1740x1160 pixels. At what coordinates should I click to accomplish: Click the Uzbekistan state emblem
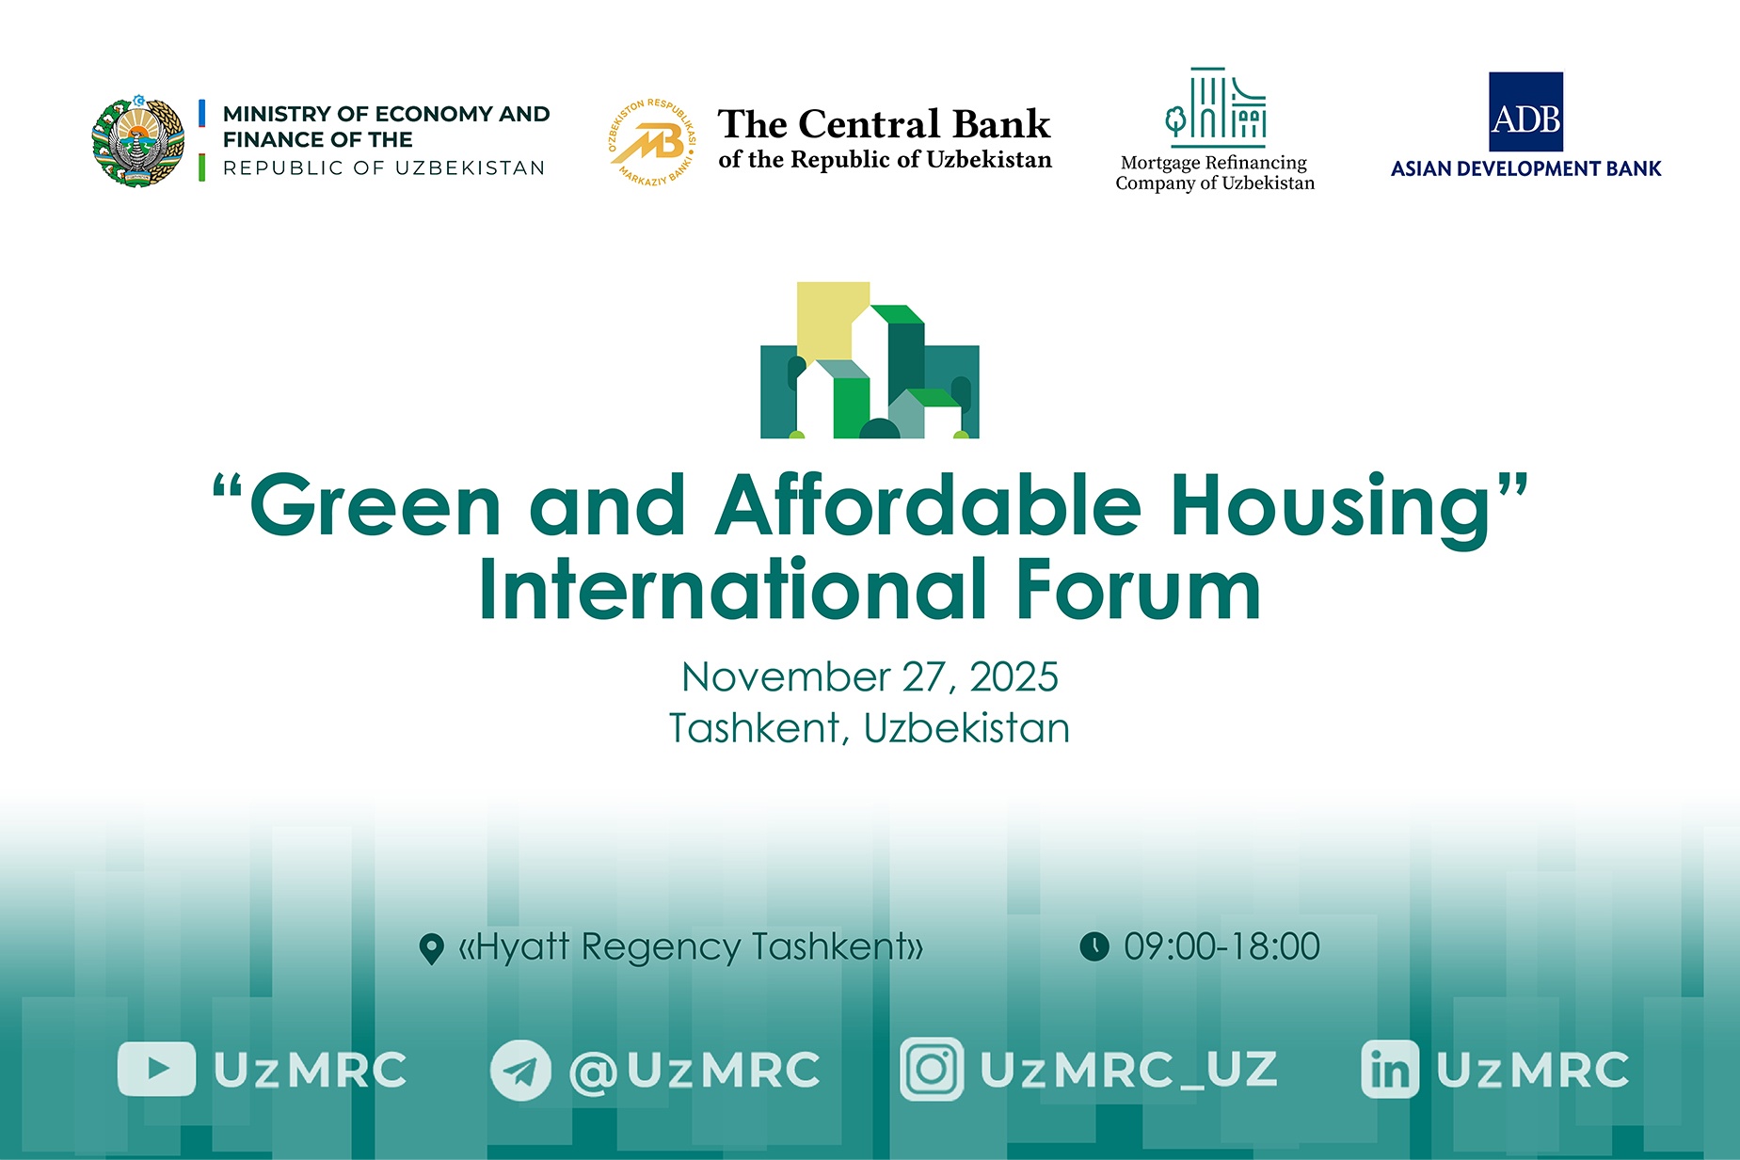pyautogui.click(x=138, y=141)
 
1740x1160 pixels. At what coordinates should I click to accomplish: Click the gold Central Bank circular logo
pyautogui.click(x=651, y=141)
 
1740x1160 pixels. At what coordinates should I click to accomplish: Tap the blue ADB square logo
pyautogui.click(x=1525, y=112)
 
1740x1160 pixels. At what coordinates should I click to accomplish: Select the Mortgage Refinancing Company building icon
pyautogui.click(x=1215, y=107)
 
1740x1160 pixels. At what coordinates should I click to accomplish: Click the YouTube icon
pyautogui.click(x=156, y=1069)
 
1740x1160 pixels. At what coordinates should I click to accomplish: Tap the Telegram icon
pyautogui.click(x=520, y=1070)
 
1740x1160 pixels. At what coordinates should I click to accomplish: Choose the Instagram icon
pyautogui.click(x=932, y=1069)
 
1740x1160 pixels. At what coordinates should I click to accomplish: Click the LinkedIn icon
pyautogui.click(x=1390, y=1070)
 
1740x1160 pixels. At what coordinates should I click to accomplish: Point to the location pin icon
pyautogui.click(x=431, y=948)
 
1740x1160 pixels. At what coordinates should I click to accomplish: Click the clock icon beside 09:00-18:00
pyautogui.click(x=1093, y=946)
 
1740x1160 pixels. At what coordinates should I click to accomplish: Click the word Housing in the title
pyautogui.click(x=1332, y=508)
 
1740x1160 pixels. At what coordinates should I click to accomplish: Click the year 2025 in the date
pyautogui.click(x=1014, y=677)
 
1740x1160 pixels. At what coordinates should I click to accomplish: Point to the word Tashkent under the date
pyautogui.click(x=754, y=728)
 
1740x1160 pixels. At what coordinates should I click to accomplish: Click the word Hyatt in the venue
pyautogui.click(x=522, y=947)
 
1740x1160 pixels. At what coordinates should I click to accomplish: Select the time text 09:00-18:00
pyautogui.click(x=1221, y=946)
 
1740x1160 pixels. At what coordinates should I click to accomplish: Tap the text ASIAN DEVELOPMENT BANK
pyautogui.click(x=1525, y=169)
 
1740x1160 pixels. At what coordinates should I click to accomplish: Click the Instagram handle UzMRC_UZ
pyautogui.click(x=1128, y=1070)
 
